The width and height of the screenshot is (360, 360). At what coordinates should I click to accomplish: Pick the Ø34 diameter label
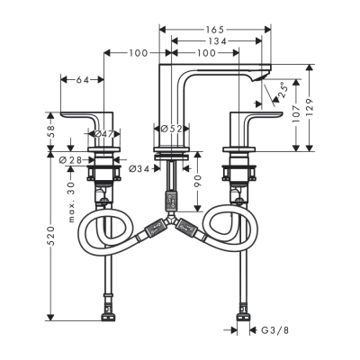click(x=139, y=168)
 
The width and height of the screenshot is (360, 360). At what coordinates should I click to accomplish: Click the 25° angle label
click(x=281, y=91)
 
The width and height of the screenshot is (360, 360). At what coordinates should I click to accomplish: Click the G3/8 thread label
click(x=274, y=330)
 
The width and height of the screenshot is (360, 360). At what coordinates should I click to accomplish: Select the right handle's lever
click(x=256, y=115)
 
